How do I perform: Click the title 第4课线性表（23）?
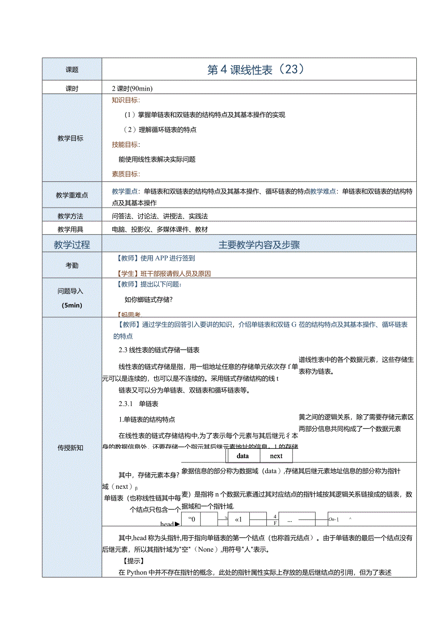[256, 70]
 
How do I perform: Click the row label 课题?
[72, 70]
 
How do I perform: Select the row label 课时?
[72, 89]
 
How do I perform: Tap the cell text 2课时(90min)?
[132, 89]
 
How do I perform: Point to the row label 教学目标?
[71, 138]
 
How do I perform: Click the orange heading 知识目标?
[126, 100]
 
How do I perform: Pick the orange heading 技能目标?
[126, 145]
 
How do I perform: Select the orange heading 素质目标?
[126, 174]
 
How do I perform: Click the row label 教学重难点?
[72, 195]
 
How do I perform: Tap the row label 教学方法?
[71, 216]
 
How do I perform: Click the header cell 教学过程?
[72, 245]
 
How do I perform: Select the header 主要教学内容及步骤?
[259, 245]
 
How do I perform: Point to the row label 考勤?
[72, 266]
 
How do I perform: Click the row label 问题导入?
[71, 291]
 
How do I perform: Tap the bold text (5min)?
[72, 306]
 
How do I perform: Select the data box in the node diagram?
[243, 456]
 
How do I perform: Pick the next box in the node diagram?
[276, 456]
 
